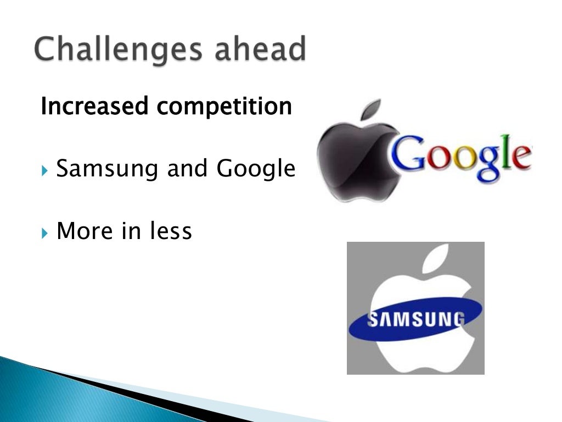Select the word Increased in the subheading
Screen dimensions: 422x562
click(94, 107)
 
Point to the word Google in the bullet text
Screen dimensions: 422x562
click(256, 169)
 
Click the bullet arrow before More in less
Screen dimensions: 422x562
click(45, 232)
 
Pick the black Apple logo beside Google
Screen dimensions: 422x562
click(351, 159)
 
